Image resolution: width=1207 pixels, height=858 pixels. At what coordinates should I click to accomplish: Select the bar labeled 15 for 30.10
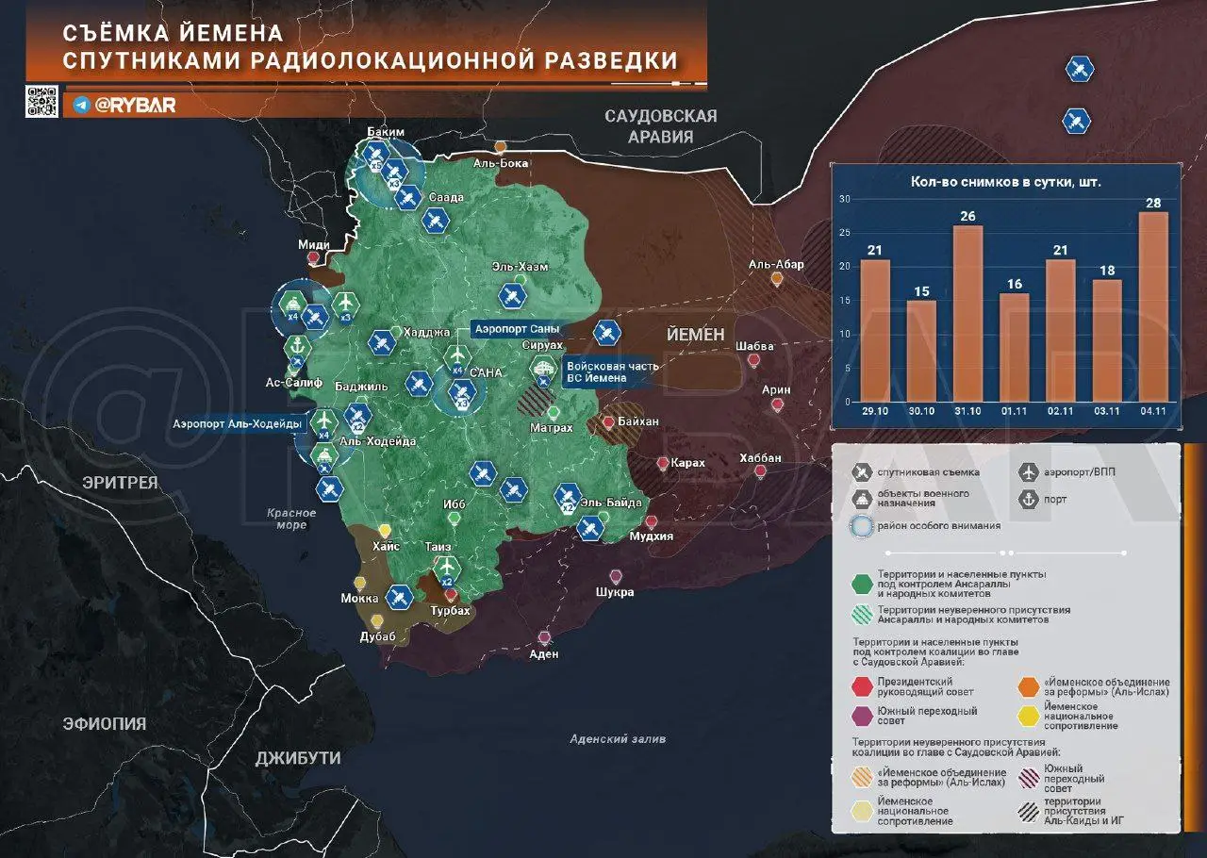[x=921, y=350]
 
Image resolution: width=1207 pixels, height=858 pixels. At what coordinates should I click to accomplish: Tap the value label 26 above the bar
[x=967, y=215]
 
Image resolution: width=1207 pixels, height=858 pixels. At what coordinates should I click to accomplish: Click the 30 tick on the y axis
[x=845, y=199]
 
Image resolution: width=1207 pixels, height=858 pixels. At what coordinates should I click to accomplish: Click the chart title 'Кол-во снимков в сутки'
[x=1005, y=181]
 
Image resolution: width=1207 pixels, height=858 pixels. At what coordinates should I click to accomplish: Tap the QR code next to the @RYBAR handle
[x=41, y=102]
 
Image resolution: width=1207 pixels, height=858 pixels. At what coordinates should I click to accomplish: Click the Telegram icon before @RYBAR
[x=82, y=106]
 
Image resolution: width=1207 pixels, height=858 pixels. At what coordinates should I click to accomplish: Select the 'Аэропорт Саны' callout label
[x=517, y=329]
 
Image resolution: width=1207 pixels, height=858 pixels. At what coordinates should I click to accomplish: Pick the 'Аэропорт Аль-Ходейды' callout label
[x=238, y=423]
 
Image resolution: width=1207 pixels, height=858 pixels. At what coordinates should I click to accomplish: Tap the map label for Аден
[x=544, y=653]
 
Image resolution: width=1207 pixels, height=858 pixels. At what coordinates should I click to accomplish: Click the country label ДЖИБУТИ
[x=298, y=758]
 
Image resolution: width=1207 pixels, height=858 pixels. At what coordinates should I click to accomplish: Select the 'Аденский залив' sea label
[x=618, y=739]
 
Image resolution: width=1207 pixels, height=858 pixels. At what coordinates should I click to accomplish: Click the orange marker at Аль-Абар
[x=777, y=279]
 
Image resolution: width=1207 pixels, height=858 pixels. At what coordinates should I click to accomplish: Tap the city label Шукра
[x=616, y=592]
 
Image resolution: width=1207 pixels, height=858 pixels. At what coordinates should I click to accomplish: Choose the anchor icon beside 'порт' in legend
[x=1029, y=500]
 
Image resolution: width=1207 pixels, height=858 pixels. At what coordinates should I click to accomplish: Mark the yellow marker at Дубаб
[x=377, y=621]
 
